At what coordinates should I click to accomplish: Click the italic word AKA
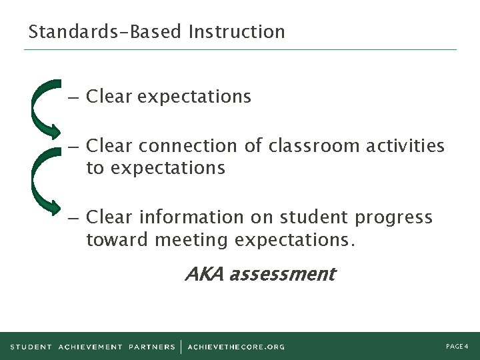click(x=204, y=274)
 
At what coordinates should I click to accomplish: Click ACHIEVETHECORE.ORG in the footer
click(x=236, y=347)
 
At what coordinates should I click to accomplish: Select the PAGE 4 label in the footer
click(x=457, y=346)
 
